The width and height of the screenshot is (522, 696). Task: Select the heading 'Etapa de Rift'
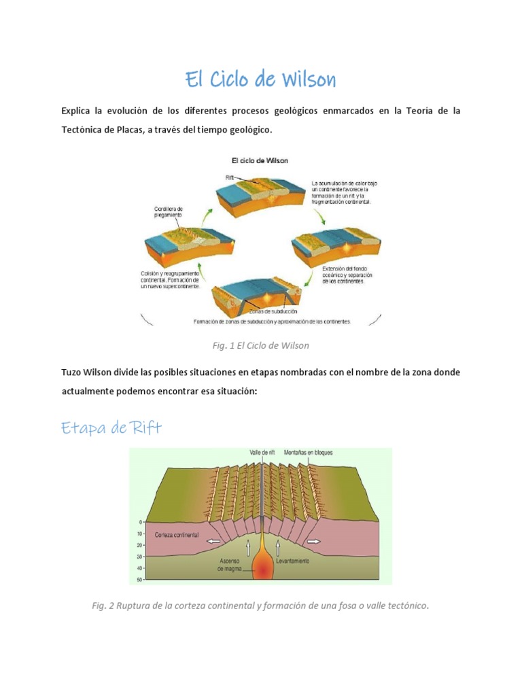click(111, 428)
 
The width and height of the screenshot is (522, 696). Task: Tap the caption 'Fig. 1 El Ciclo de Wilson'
click(260, 345)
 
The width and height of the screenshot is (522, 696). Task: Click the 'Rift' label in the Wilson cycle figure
click(230, 177)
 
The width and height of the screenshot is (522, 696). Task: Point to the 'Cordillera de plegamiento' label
click(168, 211)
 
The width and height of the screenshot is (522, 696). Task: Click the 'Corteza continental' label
click(177, 536)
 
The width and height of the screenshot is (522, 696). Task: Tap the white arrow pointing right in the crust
click(314, 542)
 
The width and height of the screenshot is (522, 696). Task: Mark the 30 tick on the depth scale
click(139, 557)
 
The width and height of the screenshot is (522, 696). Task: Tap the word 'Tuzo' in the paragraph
click(73, 373)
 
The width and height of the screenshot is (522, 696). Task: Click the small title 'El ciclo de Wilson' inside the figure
click(260, 161)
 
